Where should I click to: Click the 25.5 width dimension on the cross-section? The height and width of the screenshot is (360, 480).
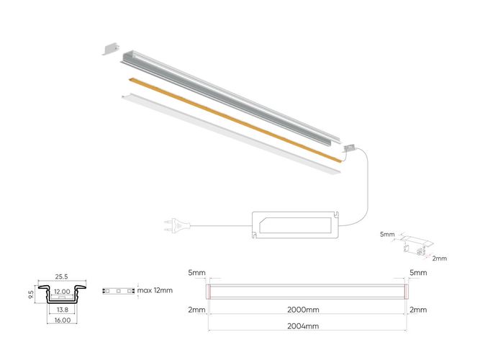coord(61,276)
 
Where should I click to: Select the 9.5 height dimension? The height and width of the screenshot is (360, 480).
coord(30,294)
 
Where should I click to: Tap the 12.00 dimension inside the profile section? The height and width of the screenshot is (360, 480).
coord(62,292)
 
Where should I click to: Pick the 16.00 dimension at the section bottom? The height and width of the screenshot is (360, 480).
coord(62,320)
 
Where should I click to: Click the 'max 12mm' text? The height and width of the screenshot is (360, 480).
coord(155,291)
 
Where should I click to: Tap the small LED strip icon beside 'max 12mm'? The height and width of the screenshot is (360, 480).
coord(117,292)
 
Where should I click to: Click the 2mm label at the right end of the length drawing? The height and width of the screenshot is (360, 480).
coord(418,310)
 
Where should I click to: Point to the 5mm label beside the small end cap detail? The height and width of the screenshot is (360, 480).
coord(388,234)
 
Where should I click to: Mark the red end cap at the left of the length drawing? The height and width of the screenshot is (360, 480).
coord(208,291)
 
